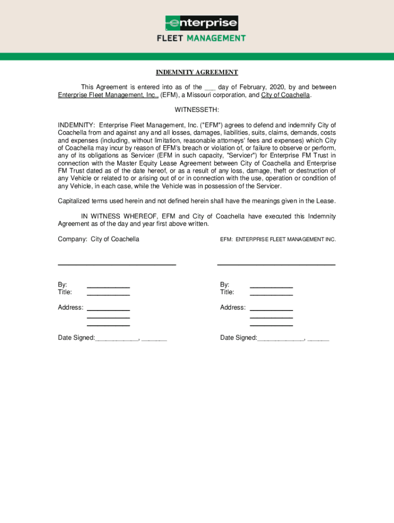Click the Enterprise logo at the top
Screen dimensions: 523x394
coord(202,23)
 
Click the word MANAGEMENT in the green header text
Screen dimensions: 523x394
coord(215,38)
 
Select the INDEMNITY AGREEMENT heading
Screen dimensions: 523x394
coord(197,73)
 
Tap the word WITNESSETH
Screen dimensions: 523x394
coord(197,110)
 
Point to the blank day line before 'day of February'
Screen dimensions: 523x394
coord(210,88)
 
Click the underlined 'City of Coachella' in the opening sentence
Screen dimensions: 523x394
coord(286,95)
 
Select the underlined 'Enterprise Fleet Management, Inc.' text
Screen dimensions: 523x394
coord(108,95)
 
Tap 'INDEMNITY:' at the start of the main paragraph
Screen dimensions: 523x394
coord(76,125)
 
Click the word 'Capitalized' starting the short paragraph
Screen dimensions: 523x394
coord(74,201)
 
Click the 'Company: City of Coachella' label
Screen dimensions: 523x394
coord(98,239)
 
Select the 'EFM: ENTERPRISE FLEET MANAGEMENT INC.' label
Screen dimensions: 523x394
coord(278,239)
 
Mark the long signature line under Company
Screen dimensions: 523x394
coord(117,265)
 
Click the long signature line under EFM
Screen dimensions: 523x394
coord(276,265)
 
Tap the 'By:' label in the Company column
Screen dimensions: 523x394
coord(62,284)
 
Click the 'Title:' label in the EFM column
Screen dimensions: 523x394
coord(227,292)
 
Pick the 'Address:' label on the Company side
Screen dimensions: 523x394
coord(71,307)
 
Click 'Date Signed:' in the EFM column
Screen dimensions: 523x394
coord(238,338)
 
